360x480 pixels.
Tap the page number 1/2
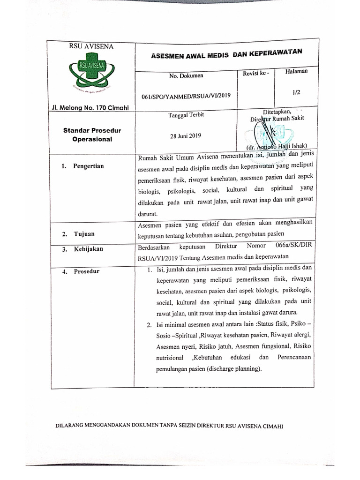296,93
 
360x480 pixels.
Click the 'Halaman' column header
296,71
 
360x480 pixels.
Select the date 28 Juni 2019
186,136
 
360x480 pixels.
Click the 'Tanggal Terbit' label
186,115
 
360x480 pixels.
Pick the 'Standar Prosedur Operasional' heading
92,135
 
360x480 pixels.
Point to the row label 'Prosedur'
86,271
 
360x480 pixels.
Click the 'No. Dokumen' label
186,75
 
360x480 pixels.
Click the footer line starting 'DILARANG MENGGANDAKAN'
169,426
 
